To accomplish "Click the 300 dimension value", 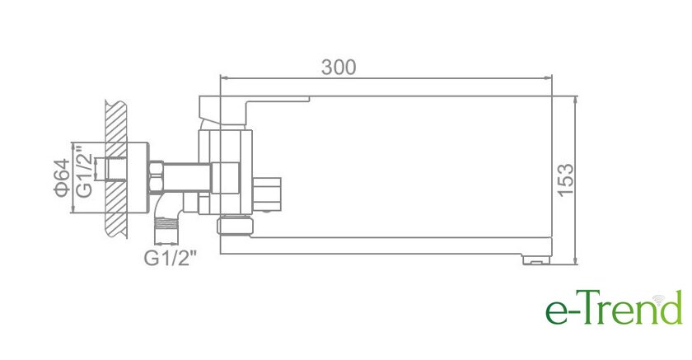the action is [339, 67].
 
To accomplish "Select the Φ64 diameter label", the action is [62, 177].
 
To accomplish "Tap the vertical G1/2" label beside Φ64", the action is [84, 171].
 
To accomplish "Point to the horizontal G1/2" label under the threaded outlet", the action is [170, 258].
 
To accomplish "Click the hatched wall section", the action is [116, 169].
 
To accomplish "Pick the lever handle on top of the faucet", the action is [254, 111].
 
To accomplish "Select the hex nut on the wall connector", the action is [157, 177].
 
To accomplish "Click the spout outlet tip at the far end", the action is [535, 259].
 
